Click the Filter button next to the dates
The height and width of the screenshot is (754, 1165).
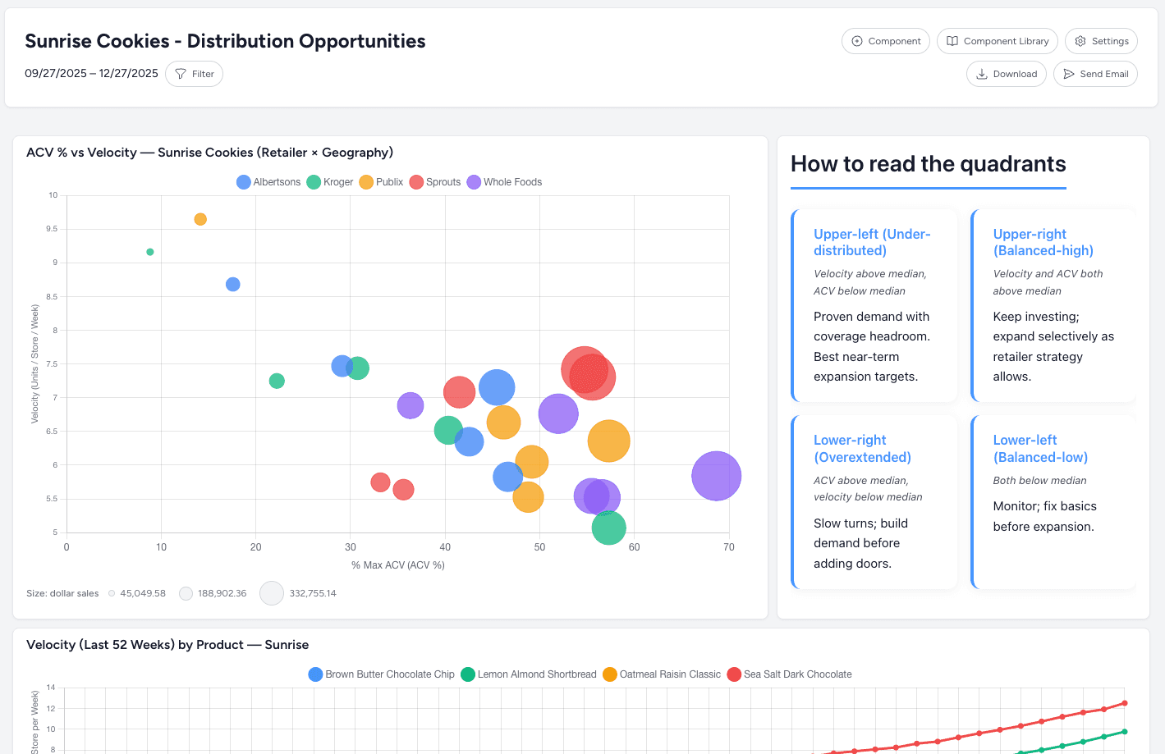pyautogui.click(x=194, y=74)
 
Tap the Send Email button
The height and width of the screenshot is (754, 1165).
pyautogui.click(x=1095, y=74)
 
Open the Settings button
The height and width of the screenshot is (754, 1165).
pyautogui.click(x=1101, y=41)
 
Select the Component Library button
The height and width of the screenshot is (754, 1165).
pyautogui.click(x=997, y=41)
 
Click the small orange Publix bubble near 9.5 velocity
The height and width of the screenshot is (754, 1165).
pyautogui.click(x=200, y=219)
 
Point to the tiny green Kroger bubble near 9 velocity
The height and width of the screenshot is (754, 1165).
pyautogui.click(x=150, y=252)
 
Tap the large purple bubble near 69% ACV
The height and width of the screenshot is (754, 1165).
pyautogui.click(x=716, y=476)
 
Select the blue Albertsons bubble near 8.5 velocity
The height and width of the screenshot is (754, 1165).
pyautogui.click(x=233, y=285)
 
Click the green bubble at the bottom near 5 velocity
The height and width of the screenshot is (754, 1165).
pyautogui.click(x=608, y=528)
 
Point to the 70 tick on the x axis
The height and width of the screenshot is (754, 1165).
pyautogui.click(x=729, y=547)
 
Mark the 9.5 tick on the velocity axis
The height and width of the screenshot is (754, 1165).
pyautogui.click(x=52, y=229)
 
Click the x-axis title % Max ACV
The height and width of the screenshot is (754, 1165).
pyautogui.click(x=398, y=565)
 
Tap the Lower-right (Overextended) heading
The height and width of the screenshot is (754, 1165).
pyautogui.click(x=862, y=449)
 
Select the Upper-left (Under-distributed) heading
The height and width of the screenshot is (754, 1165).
pyautogui.click(x=872, y=242)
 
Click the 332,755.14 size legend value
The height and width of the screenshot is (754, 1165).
pyautogui.click(x=313, y=593)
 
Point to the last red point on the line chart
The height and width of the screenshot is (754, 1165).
pyautogui.click(x=1125, y=703)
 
